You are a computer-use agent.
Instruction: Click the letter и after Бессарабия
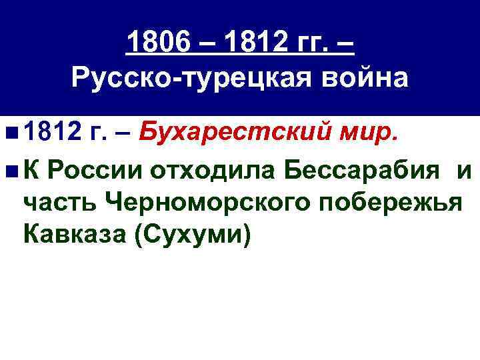(x=464, y=171)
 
